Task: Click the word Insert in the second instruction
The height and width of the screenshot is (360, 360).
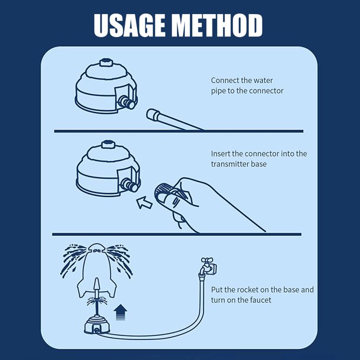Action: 222,154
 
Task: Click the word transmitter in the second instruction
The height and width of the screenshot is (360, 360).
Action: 232,164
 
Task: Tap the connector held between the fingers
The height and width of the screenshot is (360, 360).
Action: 162,192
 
